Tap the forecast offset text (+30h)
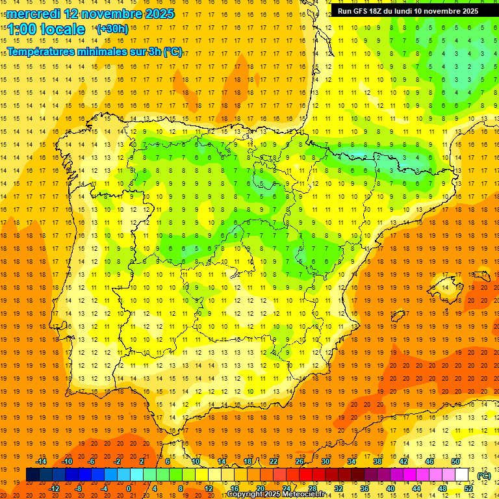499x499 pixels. click(112, 29)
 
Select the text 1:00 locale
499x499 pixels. click(45, 29)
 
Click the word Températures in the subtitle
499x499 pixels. click(40, 52)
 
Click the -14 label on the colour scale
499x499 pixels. click(42, 461)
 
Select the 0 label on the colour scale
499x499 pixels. click(129, 489)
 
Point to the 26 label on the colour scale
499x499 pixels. click(300, 461)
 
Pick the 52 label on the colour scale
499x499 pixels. click(468, 489)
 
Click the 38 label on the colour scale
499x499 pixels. click(377, 461)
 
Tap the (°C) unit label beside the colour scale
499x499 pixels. click(484, 476)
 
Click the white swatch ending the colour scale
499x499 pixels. click(462, 475)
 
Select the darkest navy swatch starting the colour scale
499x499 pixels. click(32, 475)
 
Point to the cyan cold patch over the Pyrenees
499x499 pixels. click(364, 157)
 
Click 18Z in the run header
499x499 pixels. click(376, 11)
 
